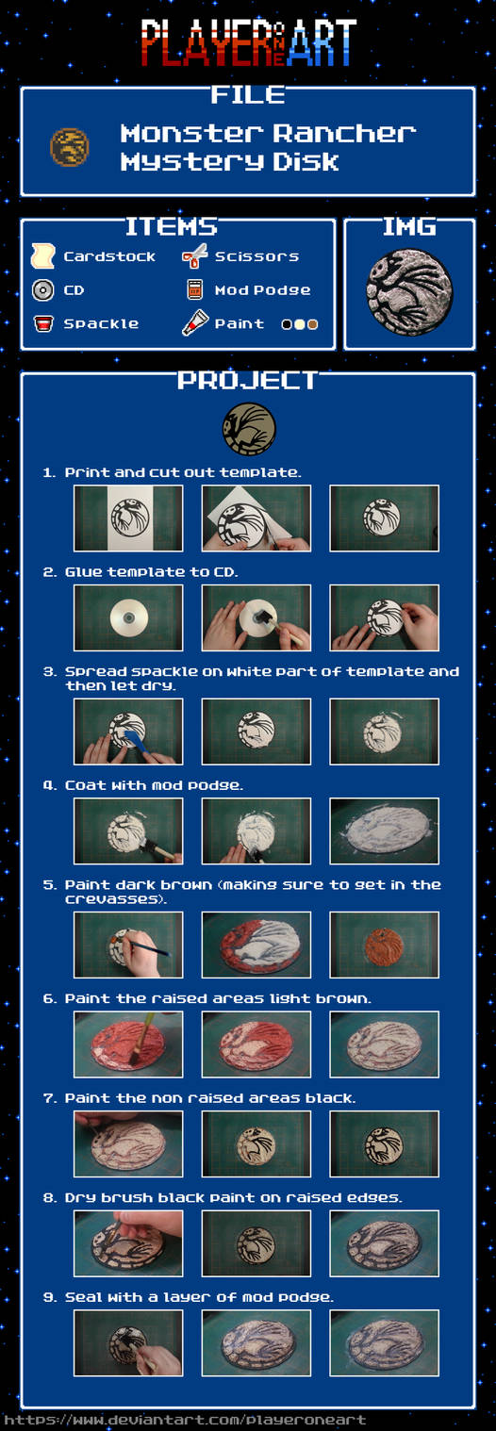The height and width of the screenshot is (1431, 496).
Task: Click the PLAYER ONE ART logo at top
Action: [x=248, y=42]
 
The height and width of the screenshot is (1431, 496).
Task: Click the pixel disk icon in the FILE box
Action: [x=70, y=147]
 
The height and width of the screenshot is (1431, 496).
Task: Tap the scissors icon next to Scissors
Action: [x=195, y=255]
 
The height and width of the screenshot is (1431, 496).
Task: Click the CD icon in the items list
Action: [x=42, y=290]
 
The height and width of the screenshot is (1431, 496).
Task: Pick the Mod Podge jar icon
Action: [x=195, y=289]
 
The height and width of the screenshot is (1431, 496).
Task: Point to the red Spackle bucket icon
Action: [x=42, y=324]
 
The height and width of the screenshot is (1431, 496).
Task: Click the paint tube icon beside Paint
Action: [x=195, y=323]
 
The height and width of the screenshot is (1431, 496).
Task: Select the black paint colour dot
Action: [x=287, y=324]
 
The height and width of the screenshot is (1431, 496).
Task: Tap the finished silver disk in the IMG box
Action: [x=408, y=291]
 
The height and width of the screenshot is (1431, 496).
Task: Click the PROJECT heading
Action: [x=248, y=381]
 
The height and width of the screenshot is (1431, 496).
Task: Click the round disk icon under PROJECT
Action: [x=249, y=429]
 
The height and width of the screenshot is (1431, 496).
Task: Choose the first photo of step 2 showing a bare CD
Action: [x=128, y=617]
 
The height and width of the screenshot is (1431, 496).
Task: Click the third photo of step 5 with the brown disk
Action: [x=384, y=944]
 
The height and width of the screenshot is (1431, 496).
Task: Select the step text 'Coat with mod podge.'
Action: [x=153, y=785]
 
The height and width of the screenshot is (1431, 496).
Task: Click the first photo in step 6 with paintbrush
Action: [x=128, y=1044]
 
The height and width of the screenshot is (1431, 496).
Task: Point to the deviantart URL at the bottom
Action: [x=184, y=1420]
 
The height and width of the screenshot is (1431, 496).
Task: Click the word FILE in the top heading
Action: [x=248, y=95]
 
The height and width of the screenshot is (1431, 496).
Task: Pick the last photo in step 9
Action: [x=384, y=1342]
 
